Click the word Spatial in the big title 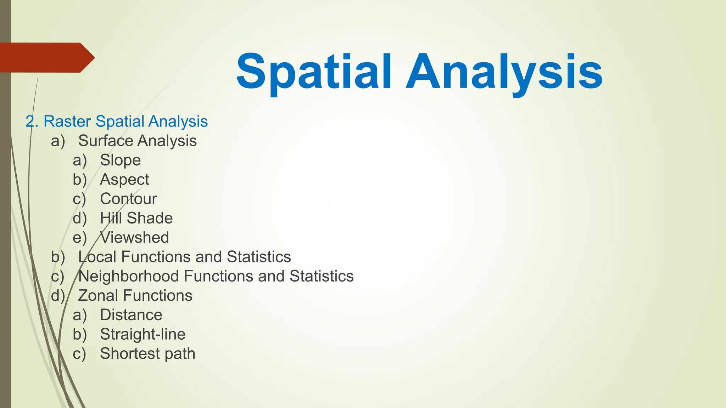pyautogui.click(x=314, y=72)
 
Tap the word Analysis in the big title pyautogui.click(x=504, y=72)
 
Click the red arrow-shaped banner pyautogui.click(x=46, y=58)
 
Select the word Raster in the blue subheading pyautogui.click(x=67, y=121)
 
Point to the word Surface pyautogui.click(x=105, y=141)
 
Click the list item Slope pyautogui.click(x=120, y=160)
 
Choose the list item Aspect pyautogui.click(x=124, y=180)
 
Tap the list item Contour pyautogui.click(x=128, y=199)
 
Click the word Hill pyautogui.click(x=111, y=218)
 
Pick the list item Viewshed pyautogui.click(x=134, y=238)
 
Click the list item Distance pyautogui.click(x=131, y=315)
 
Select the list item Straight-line pyautogui.click(x=143, y=334)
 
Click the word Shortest pyautogui.click(x=128, y=354)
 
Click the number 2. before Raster pyautogui.click(x=32, y=121)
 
